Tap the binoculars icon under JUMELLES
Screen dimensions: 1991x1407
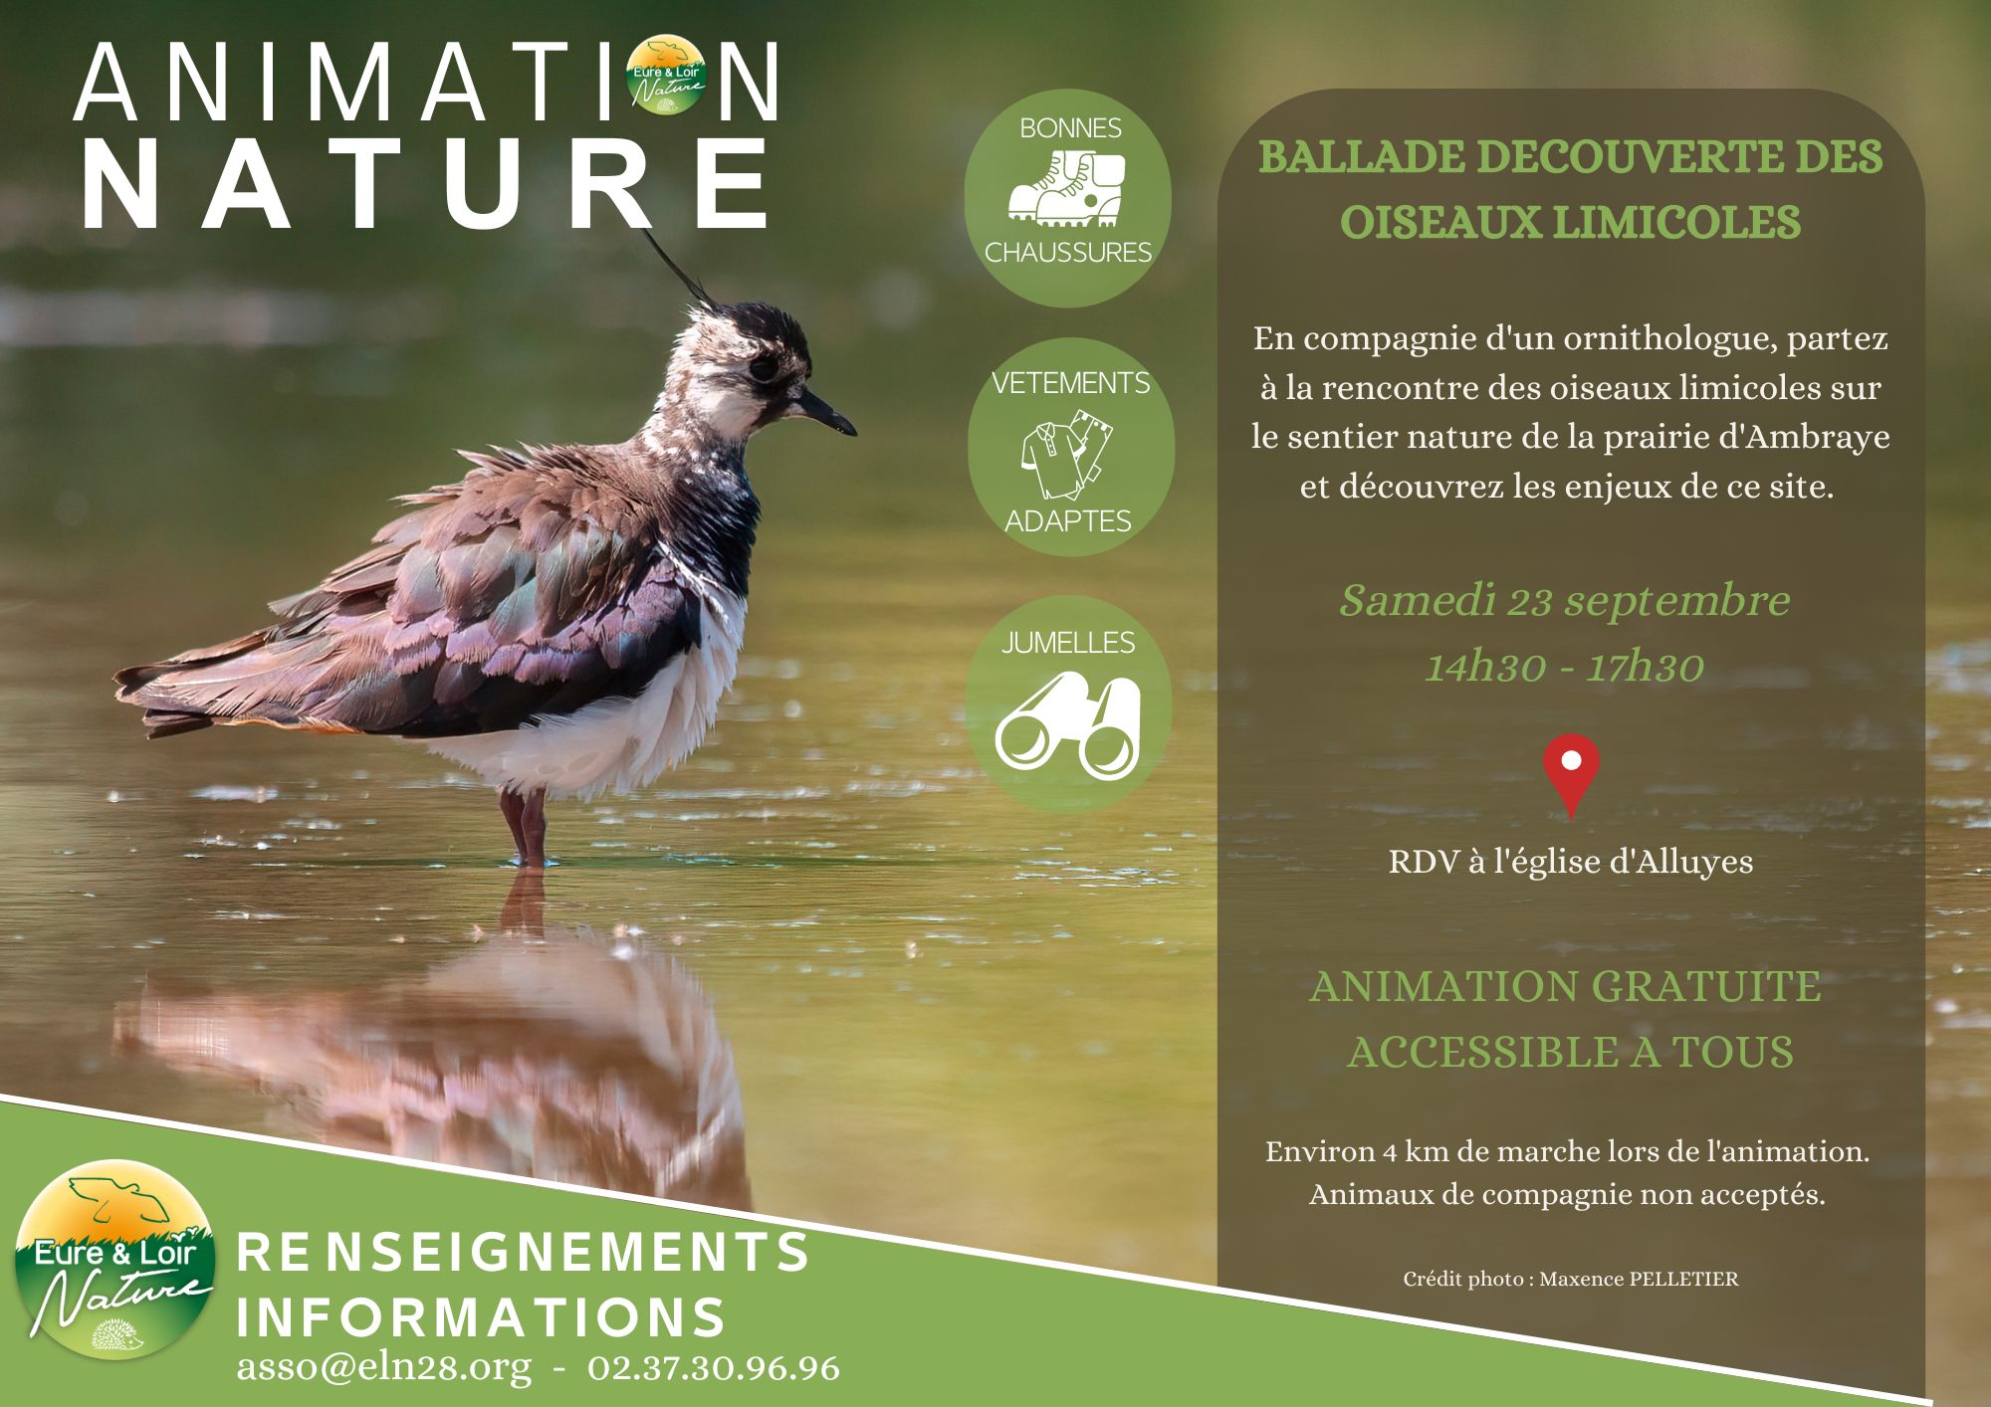[1068, 726]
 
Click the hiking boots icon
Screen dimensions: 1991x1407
[1067, 189]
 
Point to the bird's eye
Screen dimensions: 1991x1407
[765, 367]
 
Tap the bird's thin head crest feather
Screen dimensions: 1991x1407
[680, 268]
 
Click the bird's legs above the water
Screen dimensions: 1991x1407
[526, 827]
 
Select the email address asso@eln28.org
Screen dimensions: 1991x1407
[384, 1367]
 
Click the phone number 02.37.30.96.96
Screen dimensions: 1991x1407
[714, 1367]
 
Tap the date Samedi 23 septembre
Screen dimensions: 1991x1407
[1565, 601]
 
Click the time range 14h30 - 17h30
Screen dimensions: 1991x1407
[1565, 666]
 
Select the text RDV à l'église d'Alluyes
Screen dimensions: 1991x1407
[1571, 862]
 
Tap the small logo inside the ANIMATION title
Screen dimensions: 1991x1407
[667, 75]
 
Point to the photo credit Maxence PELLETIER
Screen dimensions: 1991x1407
[1639, 1280]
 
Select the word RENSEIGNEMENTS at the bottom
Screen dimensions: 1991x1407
[523, 1252]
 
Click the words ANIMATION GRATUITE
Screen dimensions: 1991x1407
[1566, 987]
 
